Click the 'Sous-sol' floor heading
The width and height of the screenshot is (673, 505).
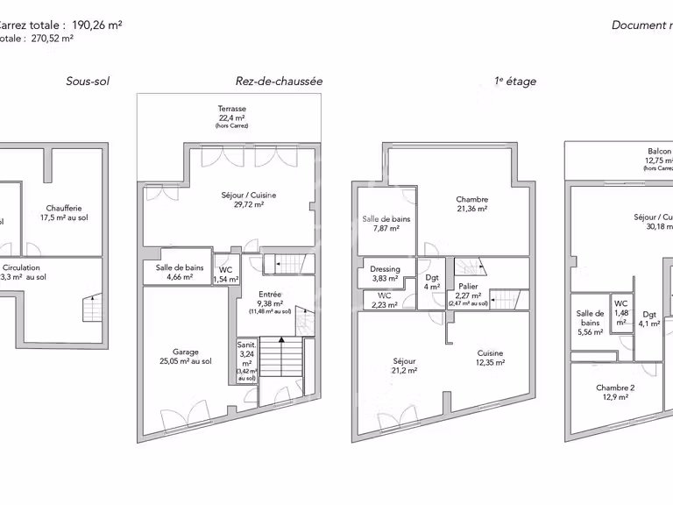(x=88, y=82)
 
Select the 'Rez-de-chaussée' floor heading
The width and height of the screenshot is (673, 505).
(x=279, y=82)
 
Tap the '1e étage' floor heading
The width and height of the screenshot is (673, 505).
(x=515, y=82)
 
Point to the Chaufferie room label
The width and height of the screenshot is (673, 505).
(x=67, y=213)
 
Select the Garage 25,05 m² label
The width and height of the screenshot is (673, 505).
(x=186, y=356)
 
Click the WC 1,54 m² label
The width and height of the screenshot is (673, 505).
(x=225, y=274)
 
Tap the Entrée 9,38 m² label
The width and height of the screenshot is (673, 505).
(x=270, y=301)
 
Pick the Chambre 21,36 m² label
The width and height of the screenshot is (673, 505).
(x=471, y=204)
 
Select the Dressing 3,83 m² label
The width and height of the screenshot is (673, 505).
(x=385, y=274)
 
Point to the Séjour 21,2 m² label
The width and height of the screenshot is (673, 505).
(x=404, y=366)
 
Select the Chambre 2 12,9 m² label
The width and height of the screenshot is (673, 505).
(x=614, y=392)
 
